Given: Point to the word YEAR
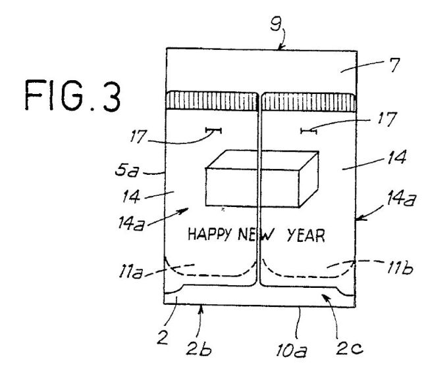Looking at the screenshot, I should (x=306, y=235).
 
